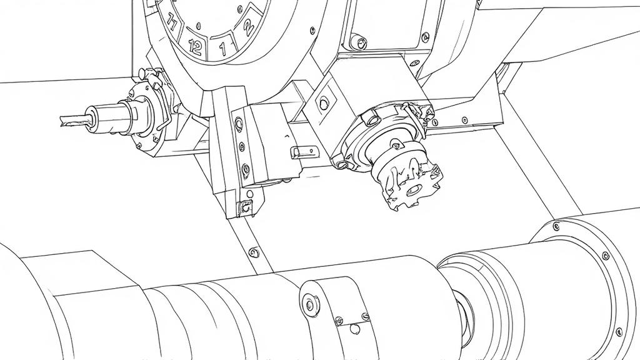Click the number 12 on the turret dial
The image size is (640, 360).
[x=196, y=47]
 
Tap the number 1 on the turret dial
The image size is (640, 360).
[x=222, y=49]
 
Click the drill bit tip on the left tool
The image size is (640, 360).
[x=62, y=121]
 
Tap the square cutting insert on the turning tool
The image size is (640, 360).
[x=246, y=207]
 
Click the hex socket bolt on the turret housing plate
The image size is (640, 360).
[x=359, y=42]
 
